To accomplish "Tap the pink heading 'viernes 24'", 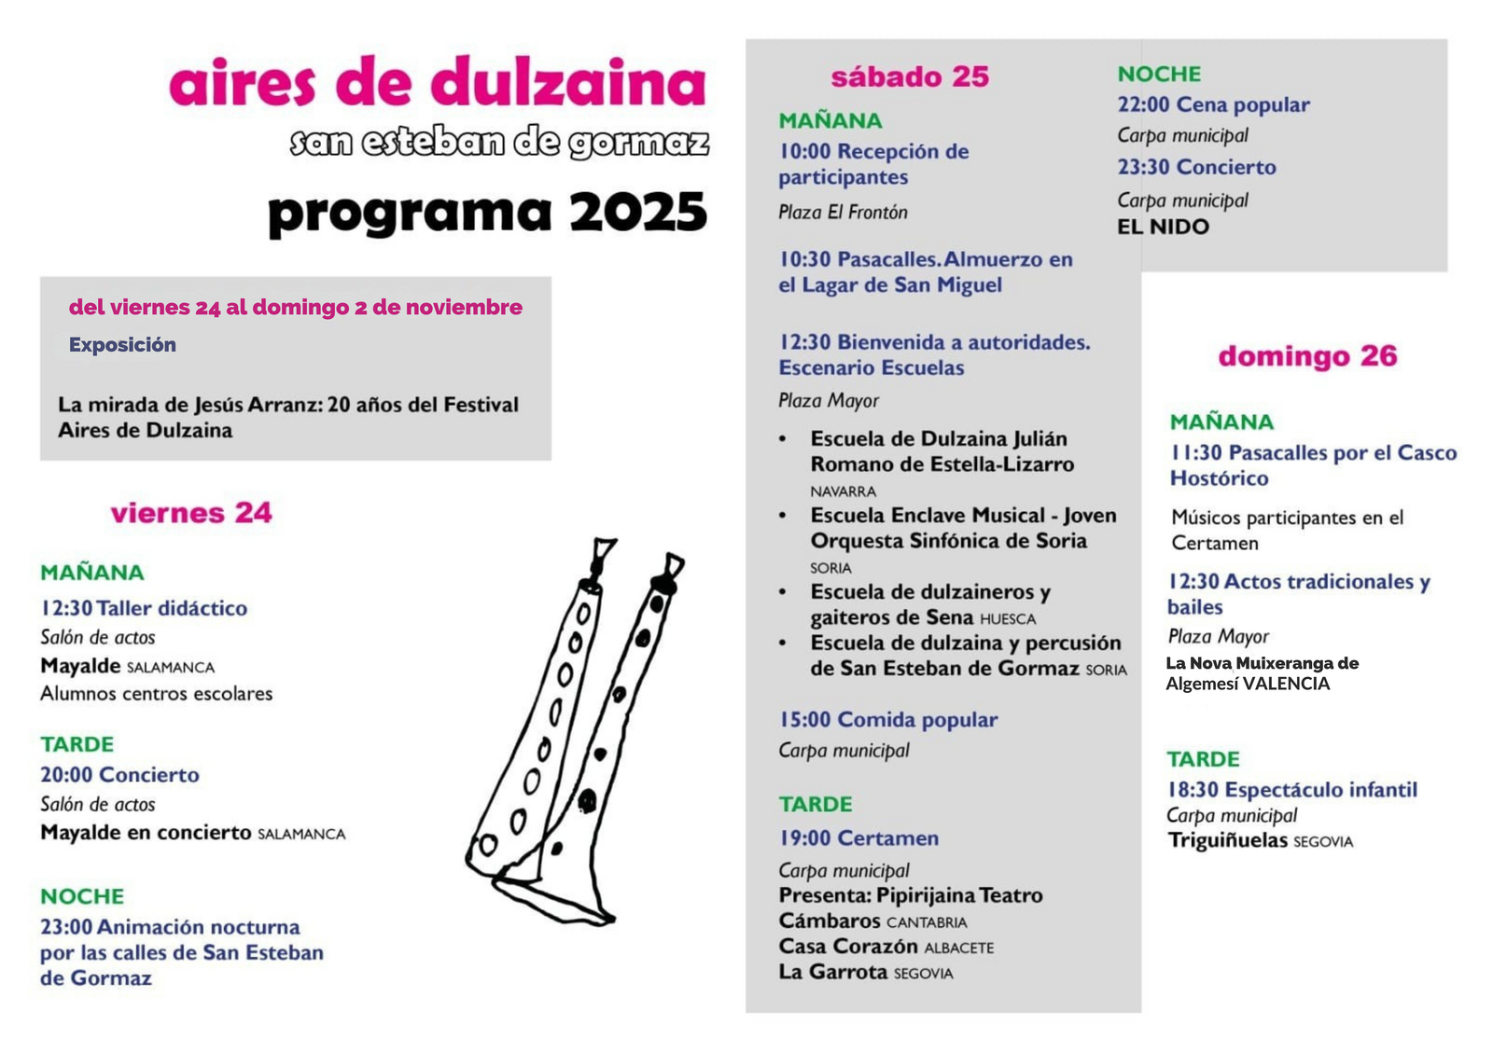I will click(x=191, y=513).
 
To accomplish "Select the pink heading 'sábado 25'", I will click(x=910, y=76).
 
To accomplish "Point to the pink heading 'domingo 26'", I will click(x=1307, y=356).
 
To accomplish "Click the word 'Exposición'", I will click(x=122, y=345).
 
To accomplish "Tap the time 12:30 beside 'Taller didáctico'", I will click(x=66, y=608).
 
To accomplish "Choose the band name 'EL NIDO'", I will click(x=1163, y=227).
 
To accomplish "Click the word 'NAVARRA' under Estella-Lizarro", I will click(x=843, y=491).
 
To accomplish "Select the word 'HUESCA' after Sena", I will click(x=1008, y=619).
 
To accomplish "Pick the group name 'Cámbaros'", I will click(x=830, y=921).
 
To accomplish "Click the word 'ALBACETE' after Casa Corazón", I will click(x=959, y=948).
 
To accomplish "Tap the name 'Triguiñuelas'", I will click(x=1227, y=840).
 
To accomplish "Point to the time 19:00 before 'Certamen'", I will click(x=804, y=838).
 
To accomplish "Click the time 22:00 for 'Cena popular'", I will click(x=1143, y=105).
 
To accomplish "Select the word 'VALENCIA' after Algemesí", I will click(x=1286, y=684).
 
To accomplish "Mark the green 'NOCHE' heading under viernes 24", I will click(x=82, y=896).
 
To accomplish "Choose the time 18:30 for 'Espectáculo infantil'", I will click(x=1193, y=790).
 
